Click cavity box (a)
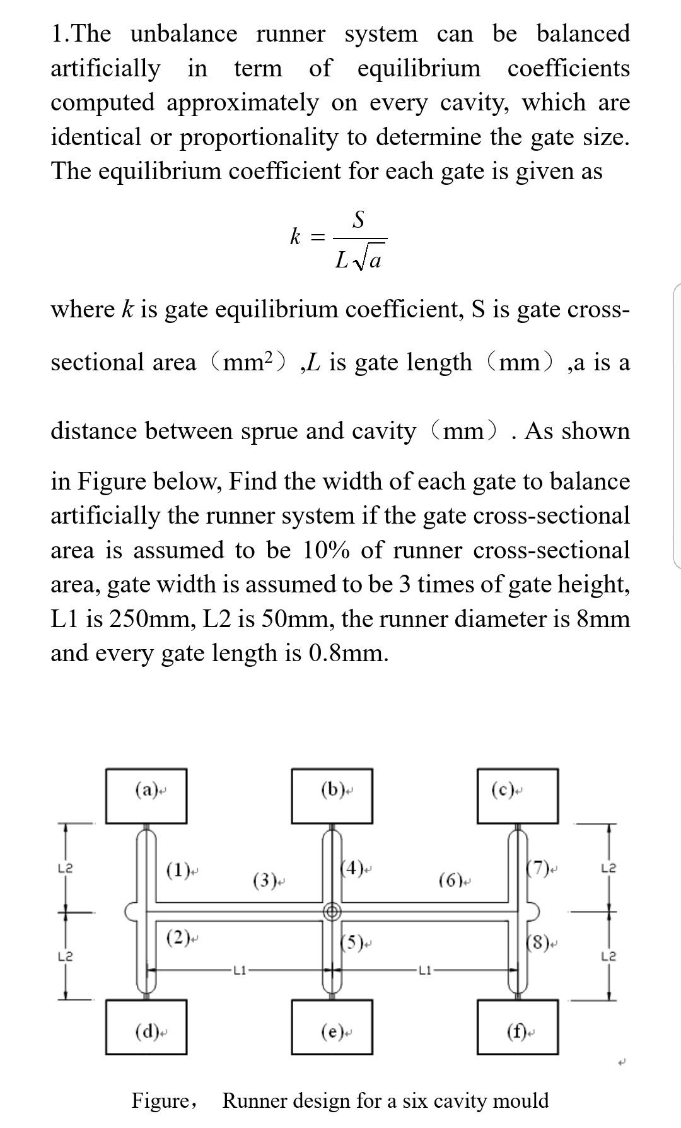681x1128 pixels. click(146, 796)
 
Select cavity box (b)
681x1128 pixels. click(332, 796)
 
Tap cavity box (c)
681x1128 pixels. click(518, 796)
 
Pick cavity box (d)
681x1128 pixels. click(146, 1026)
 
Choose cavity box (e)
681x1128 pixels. click(332, 1026)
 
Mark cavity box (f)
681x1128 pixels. click(518, 1026)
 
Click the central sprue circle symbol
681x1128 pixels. click(332, 911)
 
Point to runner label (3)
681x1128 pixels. click(265, 879)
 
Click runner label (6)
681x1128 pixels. click(451, 879)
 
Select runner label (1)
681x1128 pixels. click(178, 871)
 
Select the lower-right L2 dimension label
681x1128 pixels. click(609, 956)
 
